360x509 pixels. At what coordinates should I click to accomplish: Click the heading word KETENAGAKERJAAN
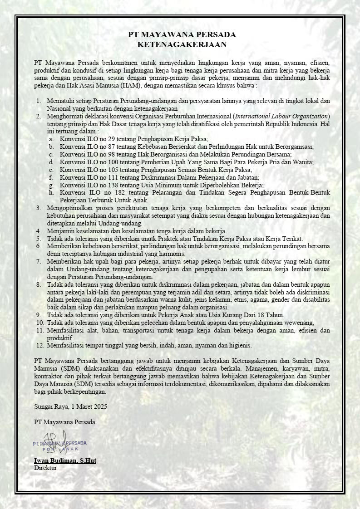pos(182,44)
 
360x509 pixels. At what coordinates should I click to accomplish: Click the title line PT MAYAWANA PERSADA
pos(182,35)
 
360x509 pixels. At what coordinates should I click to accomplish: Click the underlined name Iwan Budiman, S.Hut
pos(65,460)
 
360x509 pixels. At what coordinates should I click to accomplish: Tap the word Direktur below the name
pos(45,467)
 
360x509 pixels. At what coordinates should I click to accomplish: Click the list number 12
pos(39,345)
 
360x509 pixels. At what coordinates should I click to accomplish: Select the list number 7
pos(39,262)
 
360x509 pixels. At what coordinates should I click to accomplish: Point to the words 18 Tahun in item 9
pos(271,315)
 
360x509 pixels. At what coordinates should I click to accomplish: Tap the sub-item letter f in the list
pos(51,177)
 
